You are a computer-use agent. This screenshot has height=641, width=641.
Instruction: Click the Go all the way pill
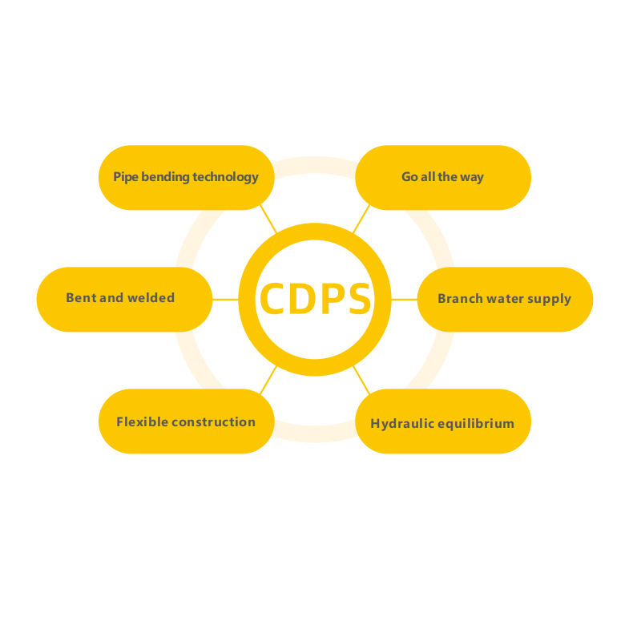click(442, 177)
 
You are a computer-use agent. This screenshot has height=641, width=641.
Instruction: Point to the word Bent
click(80, 298)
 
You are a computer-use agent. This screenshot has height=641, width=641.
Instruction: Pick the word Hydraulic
click(400, 423)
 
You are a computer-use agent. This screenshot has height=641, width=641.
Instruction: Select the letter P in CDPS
click(330, 299)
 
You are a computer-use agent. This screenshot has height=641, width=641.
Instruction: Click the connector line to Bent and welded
click(225, 299)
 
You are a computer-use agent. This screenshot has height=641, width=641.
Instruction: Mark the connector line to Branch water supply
click(404, 299)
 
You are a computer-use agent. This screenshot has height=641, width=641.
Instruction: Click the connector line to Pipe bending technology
click(268, 219)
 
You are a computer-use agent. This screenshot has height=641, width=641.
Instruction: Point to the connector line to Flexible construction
click(268, 379)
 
